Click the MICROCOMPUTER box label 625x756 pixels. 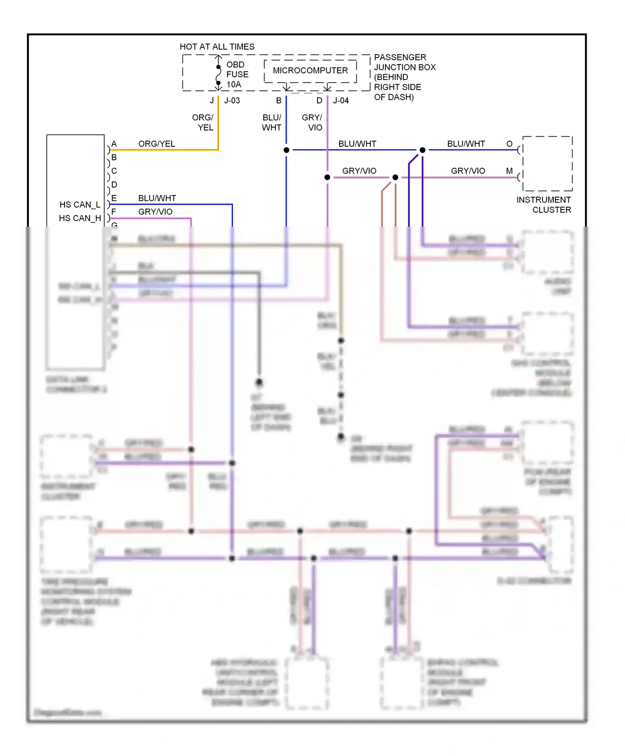pos(310,70)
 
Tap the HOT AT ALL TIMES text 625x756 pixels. pos(217,47)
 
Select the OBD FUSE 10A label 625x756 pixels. pos(237,75)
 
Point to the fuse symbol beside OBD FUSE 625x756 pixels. pos(218,75)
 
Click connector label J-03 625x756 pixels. pos(232,100)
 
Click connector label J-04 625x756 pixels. pos(341,100)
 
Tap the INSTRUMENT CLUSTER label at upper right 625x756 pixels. pos(544,205)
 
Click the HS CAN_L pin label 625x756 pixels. pos(80,205)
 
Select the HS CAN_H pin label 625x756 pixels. pos(80,218)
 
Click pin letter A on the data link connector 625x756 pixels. pos(114,144)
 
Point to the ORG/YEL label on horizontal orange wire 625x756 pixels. pos(157,144)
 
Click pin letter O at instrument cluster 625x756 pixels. pos(509,144)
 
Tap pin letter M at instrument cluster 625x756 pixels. pos(509,171)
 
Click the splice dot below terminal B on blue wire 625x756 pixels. pos(287,150)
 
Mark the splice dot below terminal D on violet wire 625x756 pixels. pos(327,178)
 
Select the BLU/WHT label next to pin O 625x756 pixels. pos(466,144)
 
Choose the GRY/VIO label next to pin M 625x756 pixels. pos(468,171)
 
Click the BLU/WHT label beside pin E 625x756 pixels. pos(157,198)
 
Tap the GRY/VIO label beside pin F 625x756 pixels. pos(155,212)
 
